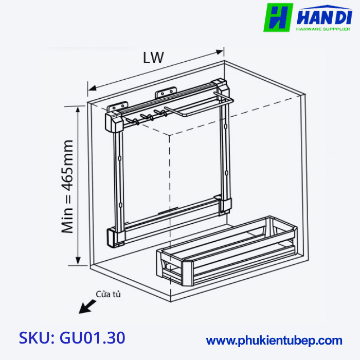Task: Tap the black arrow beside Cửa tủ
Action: pyautogui.click(x=86, y=307)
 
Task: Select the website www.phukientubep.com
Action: pyautogui.click(x=274, y=340)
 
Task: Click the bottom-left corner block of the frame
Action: pyautogui.click(x=116, y=237)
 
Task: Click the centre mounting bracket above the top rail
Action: pyautogui.click(x=165, y=94)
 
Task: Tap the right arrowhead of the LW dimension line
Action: pyautogui.click(x=221, y=51)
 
